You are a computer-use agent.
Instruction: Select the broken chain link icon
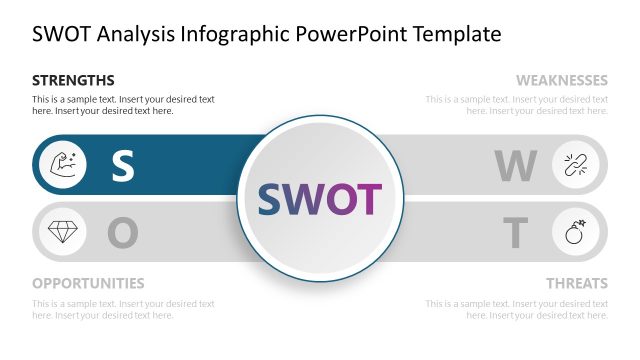[578, 164]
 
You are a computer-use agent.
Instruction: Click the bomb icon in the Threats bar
[578, 233]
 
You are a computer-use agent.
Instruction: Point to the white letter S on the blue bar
[122, 166]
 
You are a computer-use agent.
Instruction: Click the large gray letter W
[516, 166]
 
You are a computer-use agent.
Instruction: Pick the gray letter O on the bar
[122, 234]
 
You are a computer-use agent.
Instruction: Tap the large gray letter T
[515, 234]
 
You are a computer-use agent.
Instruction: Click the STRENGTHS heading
[73, 80]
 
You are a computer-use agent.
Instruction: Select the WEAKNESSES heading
[561, 80]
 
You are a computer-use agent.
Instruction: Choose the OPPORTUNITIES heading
[88, 283]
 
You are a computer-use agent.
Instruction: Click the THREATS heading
[576, 283]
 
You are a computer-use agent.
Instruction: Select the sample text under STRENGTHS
[123, 105]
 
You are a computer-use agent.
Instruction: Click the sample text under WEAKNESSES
[516, 105]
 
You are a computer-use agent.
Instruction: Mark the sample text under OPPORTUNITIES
[123, 309]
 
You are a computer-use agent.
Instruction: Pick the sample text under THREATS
[516, 309]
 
